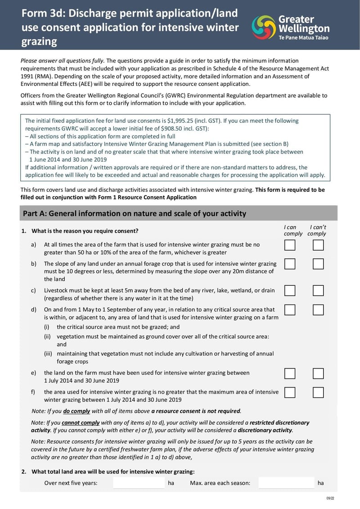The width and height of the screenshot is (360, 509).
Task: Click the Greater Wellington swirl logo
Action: point(263,27)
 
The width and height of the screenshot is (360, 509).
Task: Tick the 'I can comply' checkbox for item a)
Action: point(290,245)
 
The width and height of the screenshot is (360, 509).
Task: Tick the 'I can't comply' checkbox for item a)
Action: point(318,245)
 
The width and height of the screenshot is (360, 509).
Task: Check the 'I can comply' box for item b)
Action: point(290,264)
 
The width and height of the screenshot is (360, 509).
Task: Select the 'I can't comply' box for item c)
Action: point(318,291)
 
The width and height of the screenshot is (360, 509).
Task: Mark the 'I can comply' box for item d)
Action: point(290,310)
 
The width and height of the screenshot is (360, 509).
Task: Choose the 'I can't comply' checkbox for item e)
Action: point(318,374)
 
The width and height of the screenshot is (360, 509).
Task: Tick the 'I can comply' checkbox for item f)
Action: point(290,392)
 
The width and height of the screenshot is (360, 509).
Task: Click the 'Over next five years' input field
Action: point(139,483)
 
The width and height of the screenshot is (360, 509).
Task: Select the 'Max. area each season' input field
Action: point(286,483)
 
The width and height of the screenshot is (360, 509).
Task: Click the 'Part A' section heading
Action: point(134,213)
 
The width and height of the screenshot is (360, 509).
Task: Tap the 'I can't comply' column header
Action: point(317,230)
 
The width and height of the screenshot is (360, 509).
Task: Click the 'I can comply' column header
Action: point(290,230)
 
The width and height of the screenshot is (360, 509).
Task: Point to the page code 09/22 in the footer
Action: point(330,499)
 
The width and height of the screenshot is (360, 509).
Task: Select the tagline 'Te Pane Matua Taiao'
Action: point(304,37)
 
